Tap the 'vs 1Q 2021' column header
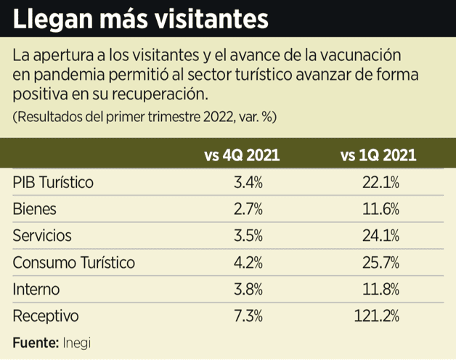(x=378, y=155)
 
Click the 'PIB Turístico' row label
(x=53, y=182)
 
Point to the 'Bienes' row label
(x=34, y=209)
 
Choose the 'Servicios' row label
(x=42, y=236)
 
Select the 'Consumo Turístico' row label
(x=73, y=263)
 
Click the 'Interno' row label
(x=36, y=290)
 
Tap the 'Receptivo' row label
(x=45, y=316)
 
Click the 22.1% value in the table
(x=380, y=182)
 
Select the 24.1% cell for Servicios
(x=380, y=236)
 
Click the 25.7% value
(x=380, y=263)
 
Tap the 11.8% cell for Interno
(x=380, y=290)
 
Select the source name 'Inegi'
(x=77, y=341)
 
